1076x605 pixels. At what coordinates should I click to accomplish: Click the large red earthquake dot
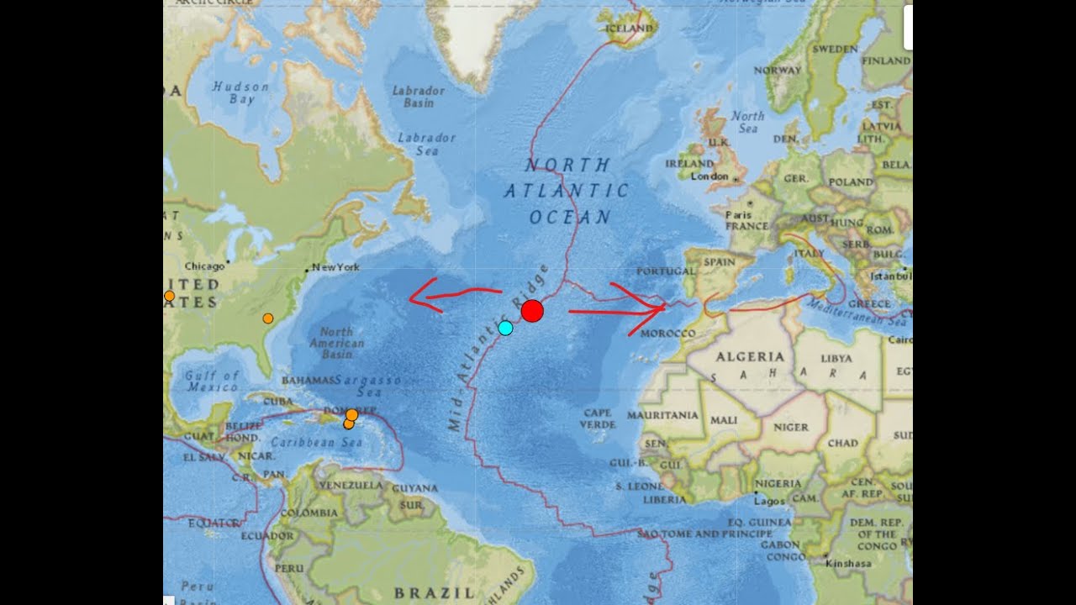(x=531, y=311)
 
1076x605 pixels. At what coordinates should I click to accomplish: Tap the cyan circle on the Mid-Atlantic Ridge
(x=505, y=328)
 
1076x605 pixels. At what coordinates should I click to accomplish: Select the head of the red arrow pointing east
(x=662, y=310)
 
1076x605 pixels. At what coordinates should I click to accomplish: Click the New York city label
(x=335, y=267)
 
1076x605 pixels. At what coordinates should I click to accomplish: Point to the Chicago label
(x=204, y=266)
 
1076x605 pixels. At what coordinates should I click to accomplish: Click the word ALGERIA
(x=749, y=356)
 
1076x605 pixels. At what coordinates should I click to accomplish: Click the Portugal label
(x=666, y=271)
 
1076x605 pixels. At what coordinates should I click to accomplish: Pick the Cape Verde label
(x=597, y=418)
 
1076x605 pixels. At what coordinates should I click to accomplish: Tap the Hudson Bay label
(x=241, y=92)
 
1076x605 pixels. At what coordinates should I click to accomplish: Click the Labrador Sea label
(x=426, y=144)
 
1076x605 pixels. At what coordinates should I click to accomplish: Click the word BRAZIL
(x=434, y=592)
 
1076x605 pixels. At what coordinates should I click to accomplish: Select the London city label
(x=709, y=176)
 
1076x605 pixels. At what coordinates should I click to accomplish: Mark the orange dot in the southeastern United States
(x=267, y=318)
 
